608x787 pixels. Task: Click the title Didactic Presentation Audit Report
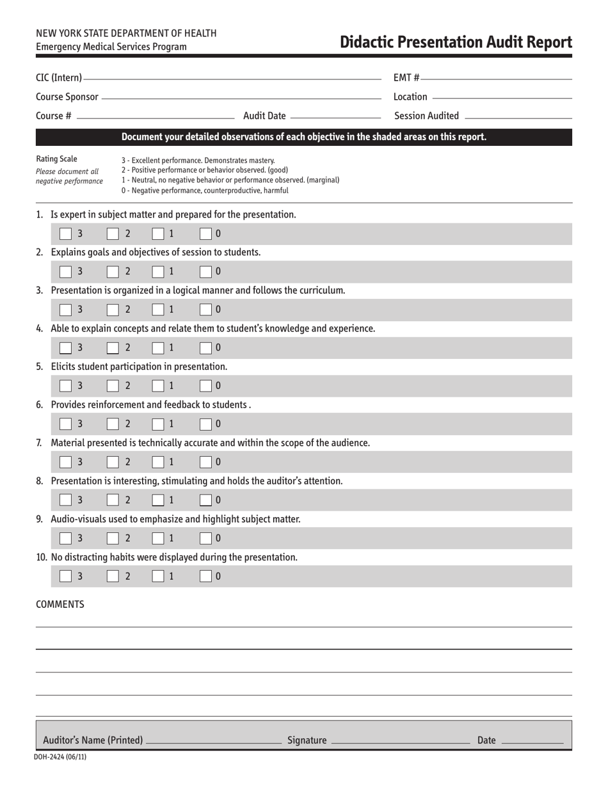click(x=456, y=42)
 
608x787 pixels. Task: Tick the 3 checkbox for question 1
click(x=65, y=234)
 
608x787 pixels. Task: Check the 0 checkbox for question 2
click(x=206, y=271)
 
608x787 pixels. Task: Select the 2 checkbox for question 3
click(x=113, y=310)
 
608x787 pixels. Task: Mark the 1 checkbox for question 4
click(x=158, y=347)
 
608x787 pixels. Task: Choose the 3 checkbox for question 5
click(x=65, y=385)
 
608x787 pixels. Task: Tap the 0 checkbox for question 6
click(x=206, y=424)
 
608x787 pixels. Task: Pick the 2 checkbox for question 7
click(x=113, y=461)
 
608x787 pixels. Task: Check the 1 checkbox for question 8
click(x=158, y=500)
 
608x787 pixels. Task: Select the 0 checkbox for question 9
click(x=206, y=537)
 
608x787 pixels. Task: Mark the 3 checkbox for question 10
click(x=65, y=576)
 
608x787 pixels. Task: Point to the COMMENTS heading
click(x=60, y=604)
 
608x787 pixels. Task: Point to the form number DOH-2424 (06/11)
click(x=60, y=757)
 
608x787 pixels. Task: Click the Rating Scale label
click(x=56, y=159)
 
